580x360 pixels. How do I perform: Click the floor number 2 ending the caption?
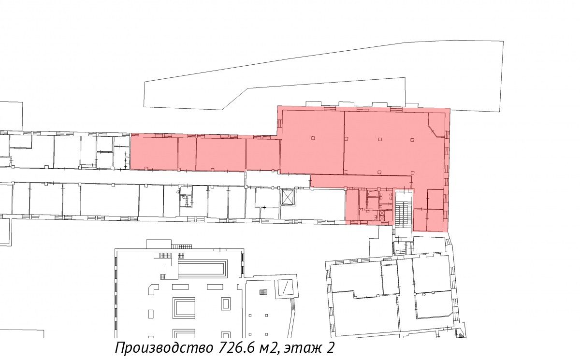(330, 348)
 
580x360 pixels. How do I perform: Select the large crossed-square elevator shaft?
(287, 197)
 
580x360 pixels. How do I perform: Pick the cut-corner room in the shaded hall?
(436, 124)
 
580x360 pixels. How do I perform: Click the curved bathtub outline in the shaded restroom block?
(372, 193)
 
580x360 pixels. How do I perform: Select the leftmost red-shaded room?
(154, 153)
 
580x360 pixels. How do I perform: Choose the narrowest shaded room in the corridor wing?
(187, 154)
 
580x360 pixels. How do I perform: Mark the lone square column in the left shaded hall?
(313, 138)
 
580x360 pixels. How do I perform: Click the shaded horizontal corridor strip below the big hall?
(361, 181)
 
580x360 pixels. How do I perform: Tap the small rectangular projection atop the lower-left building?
(159, 245)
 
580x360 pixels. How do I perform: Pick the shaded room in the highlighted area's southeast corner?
(435, 220)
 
